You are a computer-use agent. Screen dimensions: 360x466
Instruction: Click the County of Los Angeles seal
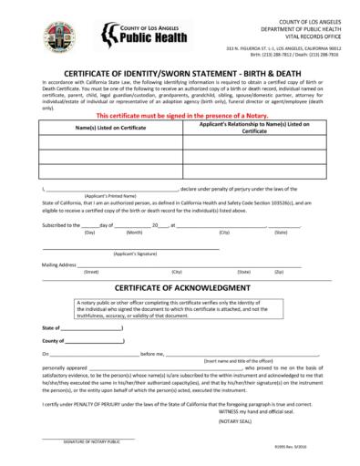click(59, 36)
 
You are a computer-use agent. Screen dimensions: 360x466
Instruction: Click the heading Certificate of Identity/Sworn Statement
click(180, 77)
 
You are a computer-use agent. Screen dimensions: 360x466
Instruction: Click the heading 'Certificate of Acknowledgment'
click(180, 288)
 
